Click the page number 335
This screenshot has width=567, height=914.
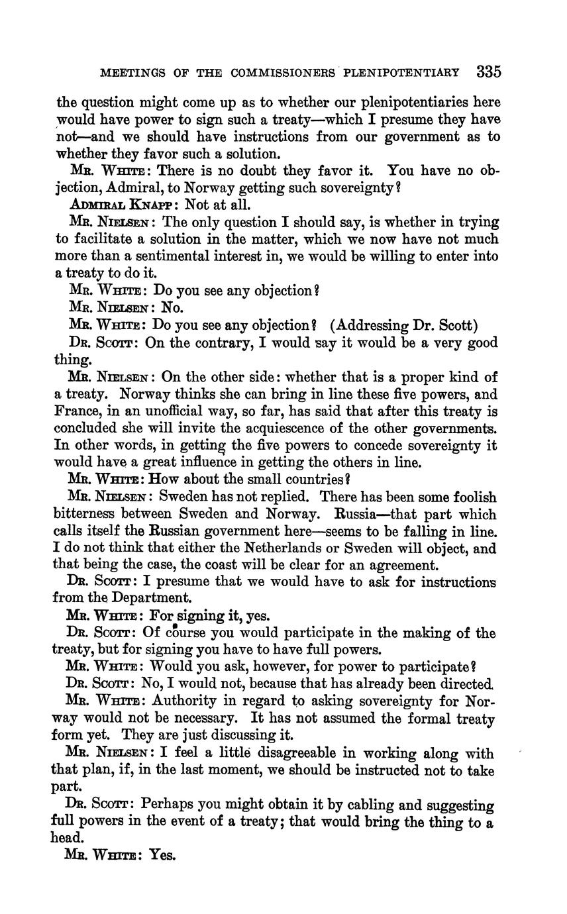pos(488,72)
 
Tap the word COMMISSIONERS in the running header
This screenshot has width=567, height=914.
pos(281,72)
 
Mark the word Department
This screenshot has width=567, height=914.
pos(153,597)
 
